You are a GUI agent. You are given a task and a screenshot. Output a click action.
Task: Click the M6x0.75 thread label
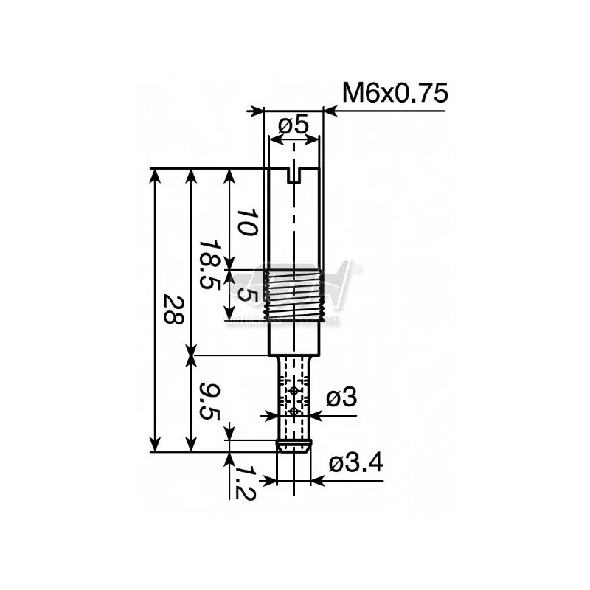pos(395,94)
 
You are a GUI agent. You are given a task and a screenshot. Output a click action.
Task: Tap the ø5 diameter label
pos(293,126)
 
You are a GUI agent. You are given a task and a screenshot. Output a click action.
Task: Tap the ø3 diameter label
pos(341,398)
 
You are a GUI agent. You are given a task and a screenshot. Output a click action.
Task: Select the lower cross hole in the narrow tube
pos(294,411)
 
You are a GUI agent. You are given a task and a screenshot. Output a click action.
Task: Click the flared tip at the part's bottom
pos(294,445)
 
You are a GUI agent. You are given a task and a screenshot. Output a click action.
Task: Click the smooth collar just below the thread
pos(294,337)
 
